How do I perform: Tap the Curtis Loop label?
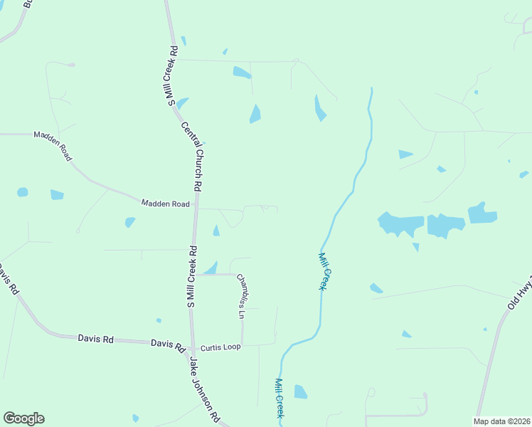pyautogui.click(x=220, y=347)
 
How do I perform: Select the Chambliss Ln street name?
pyautogui.click(x=241, y=296)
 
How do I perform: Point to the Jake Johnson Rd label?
pyautogui.click(x=204, y=389)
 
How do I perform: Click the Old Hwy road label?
pyautogui.click(x=520, y=290)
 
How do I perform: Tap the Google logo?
pyautogui.click(x=23, y=418)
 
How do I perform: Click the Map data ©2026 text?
pyautogui.click(x=502, y=421)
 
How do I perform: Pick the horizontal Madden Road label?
pyautogui.click(x=165, y=204)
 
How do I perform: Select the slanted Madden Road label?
pyautogui.click(x=53, y=145)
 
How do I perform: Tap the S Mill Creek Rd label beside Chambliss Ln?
pyautogui.click(x=192, y=277)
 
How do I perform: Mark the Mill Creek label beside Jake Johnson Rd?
pyautogui.click(x=280, y=398)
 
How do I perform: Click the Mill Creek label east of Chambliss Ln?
pyautogui.click(x=324, y=270)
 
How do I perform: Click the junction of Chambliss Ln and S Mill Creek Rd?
pyautogui.click(x=193, y=274)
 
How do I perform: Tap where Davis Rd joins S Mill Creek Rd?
pyautogui.click(x=191, y=345)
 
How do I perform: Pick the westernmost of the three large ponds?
pyautogui.click(x=400, y=223)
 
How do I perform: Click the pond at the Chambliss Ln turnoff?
pyautogui.click(x=211, y=268)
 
